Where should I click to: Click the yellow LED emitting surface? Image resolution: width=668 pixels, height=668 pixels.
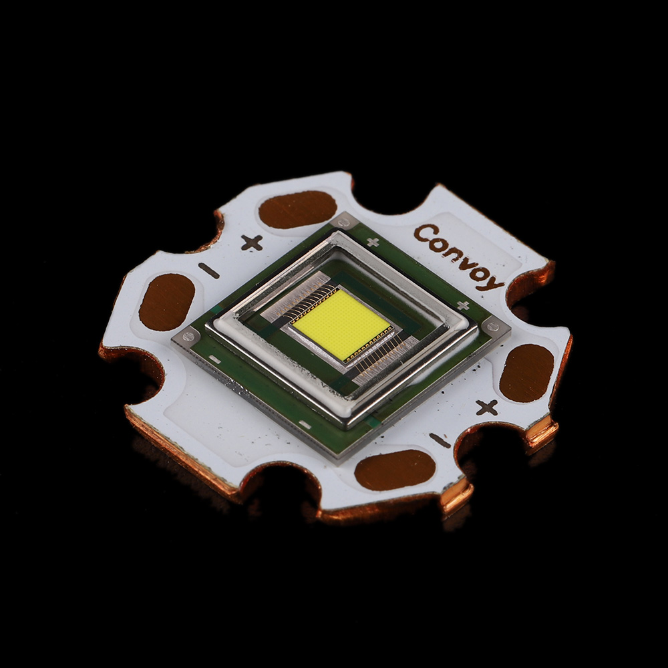[341, 324]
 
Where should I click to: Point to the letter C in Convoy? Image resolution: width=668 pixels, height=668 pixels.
[422, 234]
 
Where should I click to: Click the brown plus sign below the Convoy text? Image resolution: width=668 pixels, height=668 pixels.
[486, 407]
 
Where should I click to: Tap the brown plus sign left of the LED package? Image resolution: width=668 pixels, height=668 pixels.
[251, 243]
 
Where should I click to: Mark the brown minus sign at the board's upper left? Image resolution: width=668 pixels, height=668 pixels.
[208, 271]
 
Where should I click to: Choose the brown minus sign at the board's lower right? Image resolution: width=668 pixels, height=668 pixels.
[440, 440]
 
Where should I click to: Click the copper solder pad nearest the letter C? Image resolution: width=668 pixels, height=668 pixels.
[297, 209]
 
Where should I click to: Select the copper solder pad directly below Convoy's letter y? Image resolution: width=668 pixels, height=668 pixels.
[526, 373]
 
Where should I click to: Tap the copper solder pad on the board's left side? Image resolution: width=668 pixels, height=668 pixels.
[166, 302]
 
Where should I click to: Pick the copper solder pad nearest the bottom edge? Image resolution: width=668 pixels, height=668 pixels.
[395, 469]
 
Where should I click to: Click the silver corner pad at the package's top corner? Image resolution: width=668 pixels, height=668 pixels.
[344, 221]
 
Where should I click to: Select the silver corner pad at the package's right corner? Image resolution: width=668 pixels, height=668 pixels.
[494, 326]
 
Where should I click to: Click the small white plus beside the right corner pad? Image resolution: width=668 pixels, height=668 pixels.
[462, 305]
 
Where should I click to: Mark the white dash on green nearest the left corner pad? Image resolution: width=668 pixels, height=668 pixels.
[215, 360]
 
